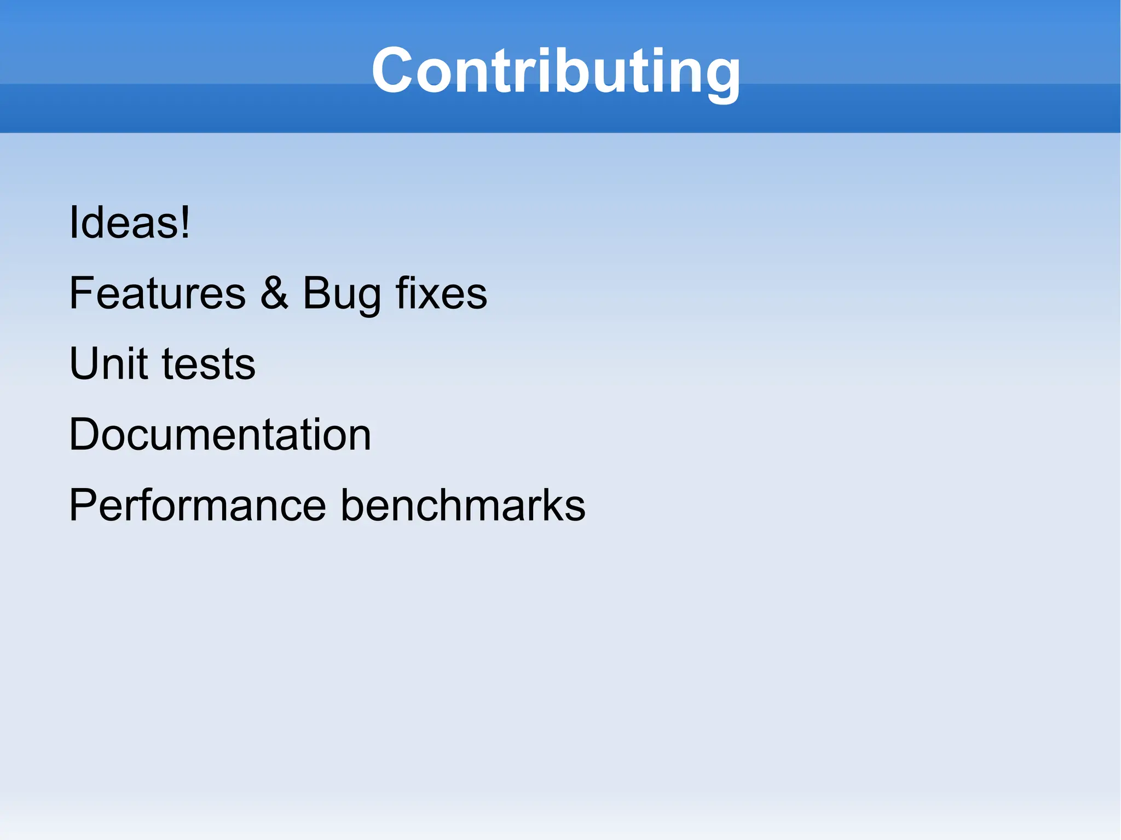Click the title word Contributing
point(556,71)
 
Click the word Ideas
point(123,222)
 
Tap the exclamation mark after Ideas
point(186,222)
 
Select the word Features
point(158,293)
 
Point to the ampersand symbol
point(274,293)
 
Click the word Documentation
point(220,435)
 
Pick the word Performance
point(198,505)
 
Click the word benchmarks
point(463,505)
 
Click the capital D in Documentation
point(86,435)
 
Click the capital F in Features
point(82,293)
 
